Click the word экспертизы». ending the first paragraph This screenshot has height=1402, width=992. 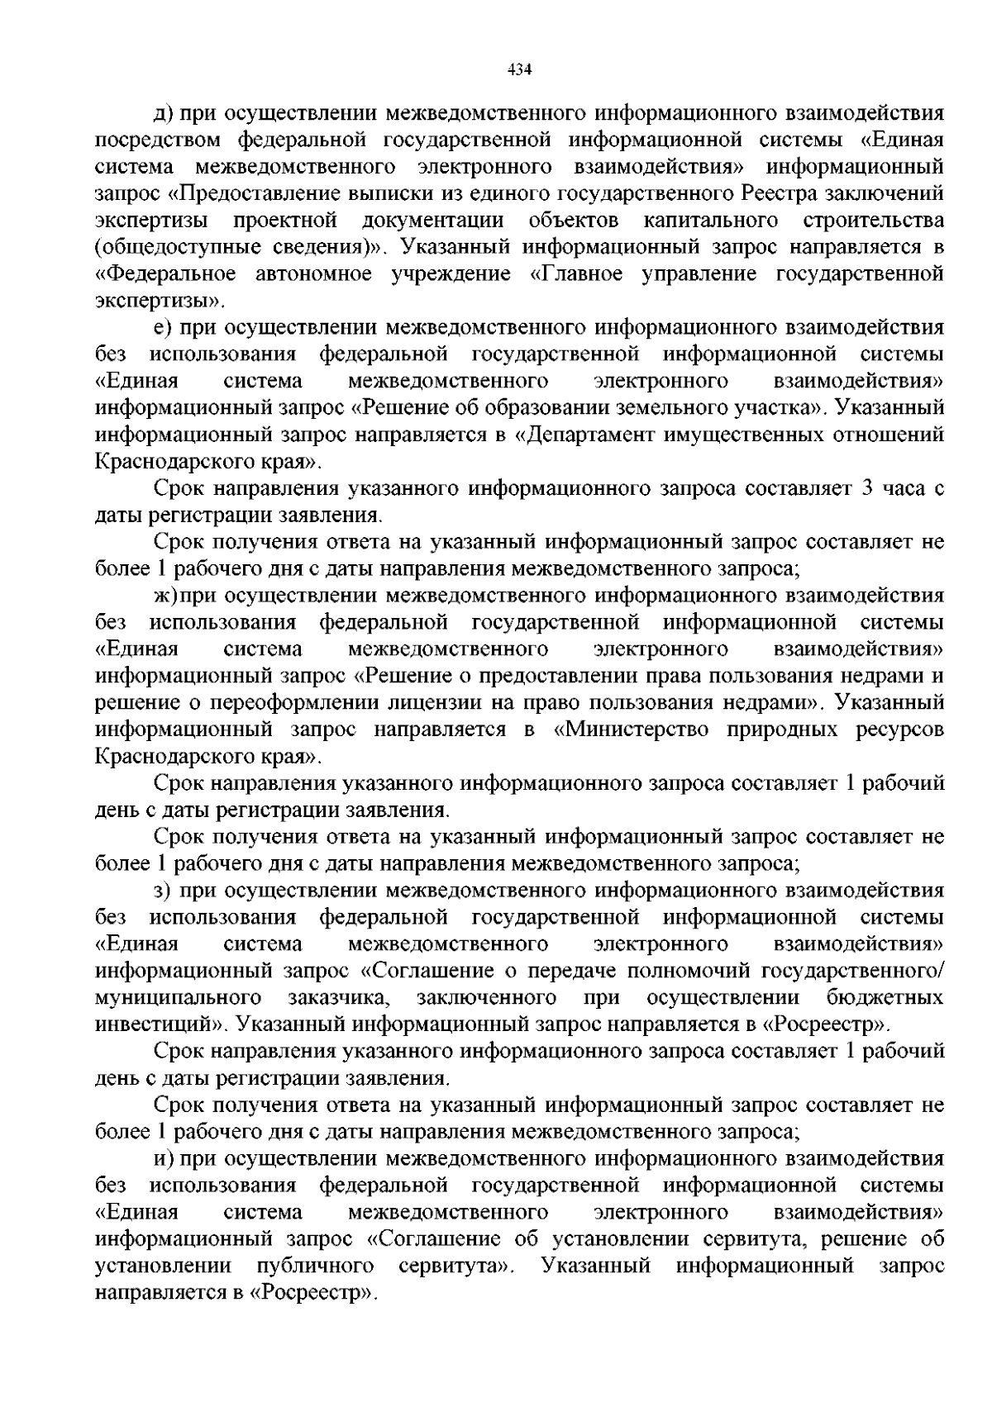[x=160, y=301]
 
